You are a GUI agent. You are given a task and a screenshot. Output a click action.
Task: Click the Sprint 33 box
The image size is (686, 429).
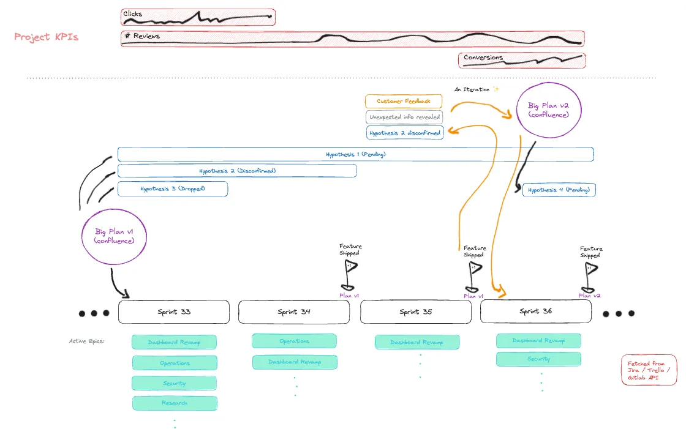pyautogui.click(x=174, y=311)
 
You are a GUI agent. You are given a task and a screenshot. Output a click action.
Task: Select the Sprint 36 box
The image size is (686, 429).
pyautogui.click(x=535, y=311)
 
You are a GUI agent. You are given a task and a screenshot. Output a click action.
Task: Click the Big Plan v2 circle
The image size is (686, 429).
pyautogui.click(x=549, y=110)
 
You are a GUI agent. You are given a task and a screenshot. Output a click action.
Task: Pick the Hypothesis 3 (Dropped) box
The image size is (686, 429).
pyautogui.click(x=172, y=189)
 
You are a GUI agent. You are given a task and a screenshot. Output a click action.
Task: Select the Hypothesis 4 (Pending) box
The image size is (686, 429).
pyautogui.click(x=559, y=190)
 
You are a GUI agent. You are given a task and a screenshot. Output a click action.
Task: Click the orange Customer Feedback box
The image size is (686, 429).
pyautogui.click(x=404, y=102)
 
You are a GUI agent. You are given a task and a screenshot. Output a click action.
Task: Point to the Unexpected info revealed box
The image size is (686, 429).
pyautogui.click(x=404, y=117)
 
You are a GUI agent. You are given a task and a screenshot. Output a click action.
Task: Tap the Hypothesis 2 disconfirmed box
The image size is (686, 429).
pyautogui.click(x=404, y=133)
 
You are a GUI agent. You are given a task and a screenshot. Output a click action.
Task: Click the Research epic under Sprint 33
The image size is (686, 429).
pyautogui.click(x=175, y=403)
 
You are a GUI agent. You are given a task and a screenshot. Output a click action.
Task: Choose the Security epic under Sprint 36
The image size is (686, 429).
pyautogui.click(x=538, y=359)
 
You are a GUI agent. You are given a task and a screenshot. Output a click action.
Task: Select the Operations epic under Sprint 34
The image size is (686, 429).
pyautogui.click(x=294, y=341)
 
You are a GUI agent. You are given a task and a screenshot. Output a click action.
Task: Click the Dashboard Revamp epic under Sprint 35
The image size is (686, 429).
pyautogui.click(x=417, y=342)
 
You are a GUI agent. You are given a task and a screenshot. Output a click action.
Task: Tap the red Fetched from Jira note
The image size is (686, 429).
pyautogui.click(x=649, y=370)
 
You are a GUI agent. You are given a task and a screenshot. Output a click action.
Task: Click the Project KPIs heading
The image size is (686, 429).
pyautogui.click(x=47, y=37)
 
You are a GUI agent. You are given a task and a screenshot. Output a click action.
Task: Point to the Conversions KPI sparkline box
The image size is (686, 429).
pyautogui.click(x=522, y=60)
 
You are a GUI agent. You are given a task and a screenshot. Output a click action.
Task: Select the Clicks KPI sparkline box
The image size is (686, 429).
pyautogui.click(x=198, y=17)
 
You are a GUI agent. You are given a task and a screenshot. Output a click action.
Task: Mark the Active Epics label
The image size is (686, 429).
pyautogui.click(x=86, y=341)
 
